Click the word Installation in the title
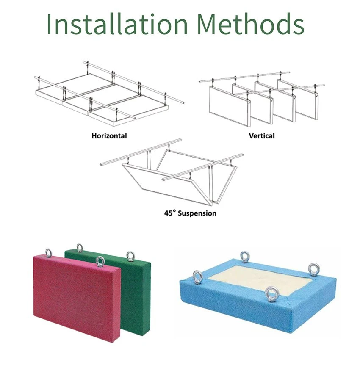(117, 24)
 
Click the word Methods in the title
(251, 24)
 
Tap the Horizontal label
(109, 136)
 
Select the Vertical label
(262, 136)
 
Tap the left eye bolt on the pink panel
(48, 253)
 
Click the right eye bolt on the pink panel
(100, 261)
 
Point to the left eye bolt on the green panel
(80, 248)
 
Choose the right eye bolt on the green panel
(130, 256)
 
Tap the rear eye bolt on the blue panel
(245, 257)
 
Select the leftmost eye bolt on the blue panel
(197, 277)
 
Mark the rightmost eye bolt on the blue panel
(313, 270)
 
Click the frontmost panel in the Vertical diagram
(230, 106)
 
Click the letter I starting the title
(50, 24)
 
